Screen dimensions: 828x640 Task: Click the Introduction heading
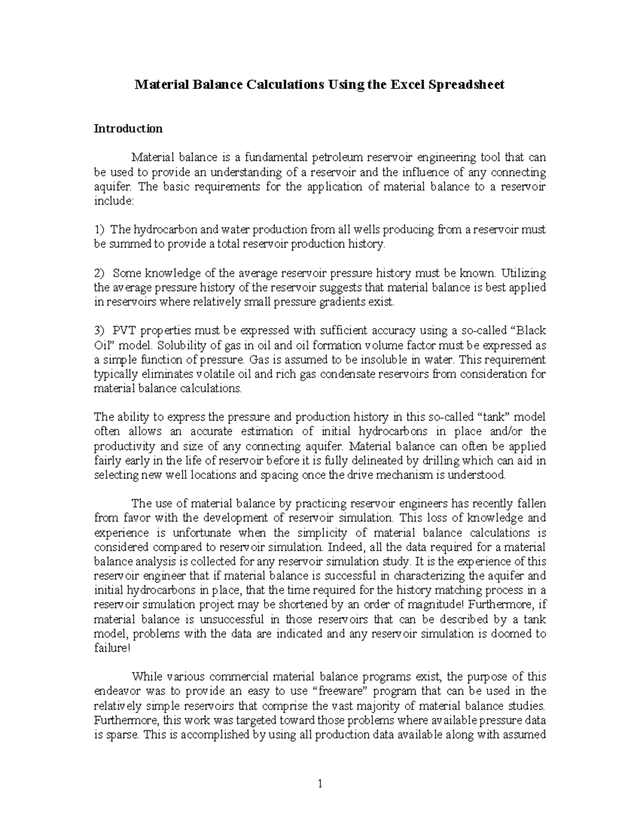coord(128,128)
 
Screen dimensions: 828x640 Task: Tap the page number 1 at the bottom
coord(320,783)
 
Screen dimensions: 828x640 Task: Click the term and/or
coord(501,431)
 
